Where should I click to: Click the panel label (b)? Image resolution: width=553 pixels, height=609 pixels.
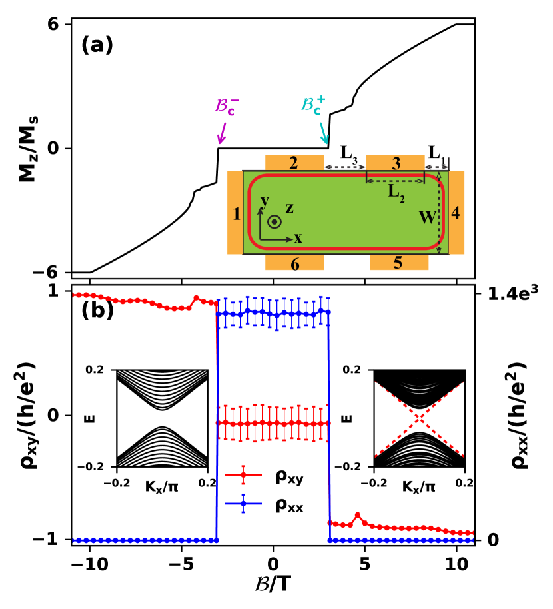(x=97, y=310)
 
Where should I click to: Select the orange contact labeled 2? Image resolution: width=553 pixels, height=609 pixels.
(x=294, y=163)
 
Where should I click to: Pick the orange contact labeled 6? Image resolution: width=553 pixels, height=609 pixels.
(x=294, y=263)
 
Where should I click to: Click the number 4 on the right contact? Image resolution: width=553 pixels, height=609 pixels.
(x=455, y=214)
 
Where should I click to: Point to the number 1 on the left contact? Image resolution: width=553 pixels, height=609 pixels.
(x=236, y=214)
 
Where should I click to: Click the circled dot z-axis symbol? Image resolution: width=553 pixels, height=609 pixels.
(x=274, y=221)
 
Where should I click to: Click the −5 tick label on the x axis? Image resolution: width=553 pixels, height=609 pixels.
(x=179, y=563)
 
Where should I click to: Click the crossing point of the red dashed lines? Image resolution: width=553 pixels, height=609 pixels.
(x=418, y=418)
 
